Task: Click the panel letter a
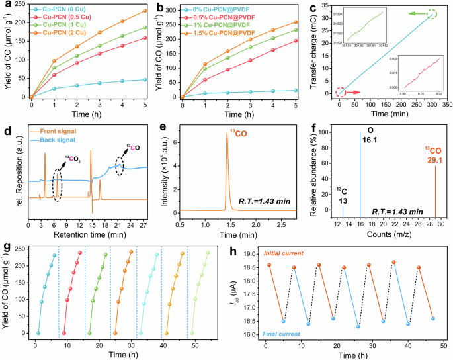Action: tap(5, 6)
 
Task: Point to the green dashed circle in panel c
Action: tap(432, 13)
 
